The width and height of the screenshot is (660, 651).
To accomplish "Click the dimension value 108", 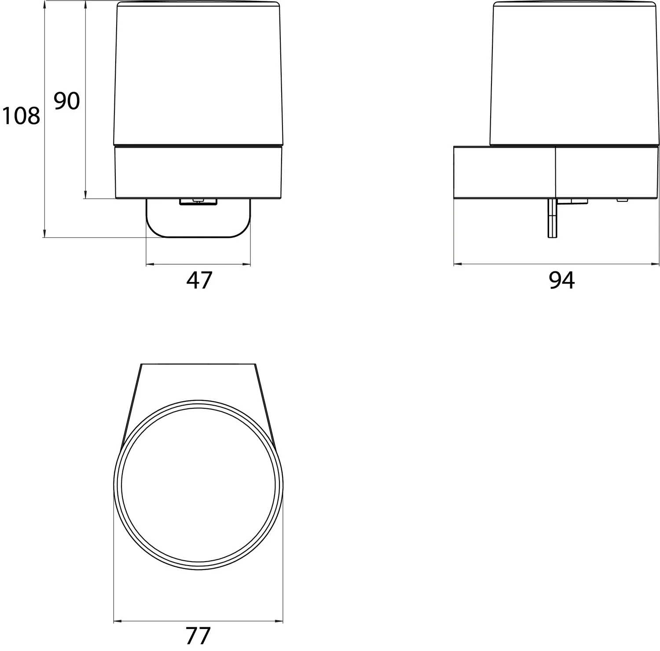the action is click(x=21, y=116).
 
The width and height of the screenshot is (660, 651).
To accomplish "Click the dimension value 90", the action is click(x=66, y=101).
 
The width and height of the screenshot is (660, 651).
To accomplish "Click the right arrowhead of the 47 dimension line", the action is click(x=246, y=264).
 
